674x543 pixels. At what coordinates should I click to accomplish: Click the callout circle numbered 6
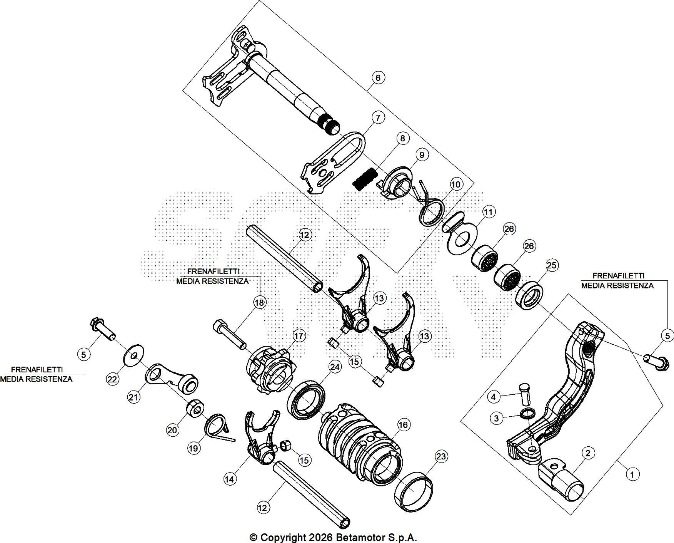[x=378, y=78]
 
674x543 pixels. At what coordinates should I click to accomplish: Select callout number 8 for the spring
[x=402, y=138]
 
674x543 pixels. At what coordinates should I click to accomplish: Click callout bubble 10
[x=455, y=184]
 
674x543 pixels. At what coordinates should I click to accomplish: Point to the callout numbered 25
[x=552, y=265]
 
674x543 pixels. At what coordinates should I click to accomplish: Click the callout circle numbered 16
[x=403, y=425]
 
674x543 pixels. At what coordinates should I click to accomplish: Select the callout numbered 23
[x=441, y=457]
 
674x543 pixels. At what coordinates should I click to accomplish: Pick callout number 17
[x=299, y=336]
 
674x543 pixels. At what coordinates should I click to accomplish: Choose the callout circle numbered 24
[x=335, y=367]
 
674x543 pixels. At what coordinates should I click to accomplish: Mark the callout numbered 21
[x=133, y=397]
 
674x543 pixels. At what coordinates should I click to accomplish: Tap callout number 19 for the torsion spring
[x=193, y=448]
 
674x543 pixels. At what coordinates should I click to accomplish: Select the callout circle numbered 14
[x=229, y=479]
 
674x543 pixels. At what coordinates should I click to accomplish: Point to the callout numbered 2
[x=588, y=453]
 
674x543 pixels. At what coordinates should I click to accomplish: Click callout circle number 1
[x=632, y=474]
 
